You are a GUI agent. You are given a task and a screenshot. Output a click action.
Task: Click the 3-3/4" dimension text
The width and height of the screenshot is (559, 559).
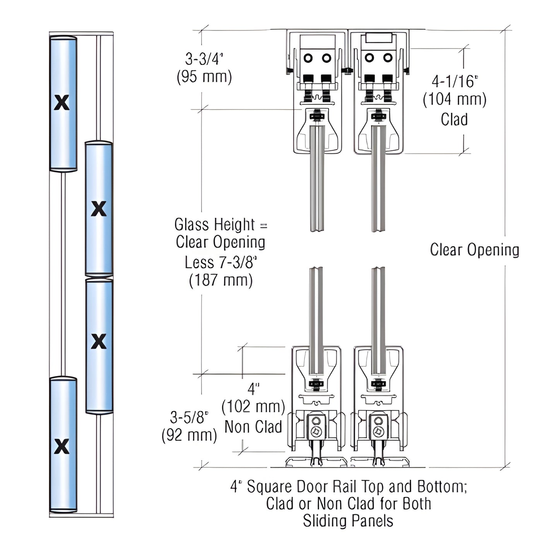204,59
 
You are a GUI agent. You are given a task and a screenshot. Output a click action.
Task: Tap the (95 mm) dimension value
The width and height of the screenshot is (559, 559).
204,77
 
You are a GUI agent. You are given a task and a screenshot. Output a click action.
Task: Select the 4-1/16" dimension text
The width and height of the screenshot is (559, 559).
455,81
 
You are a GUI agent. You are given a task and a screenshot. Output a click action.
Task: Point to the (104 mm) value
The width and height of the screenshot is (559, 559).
455,99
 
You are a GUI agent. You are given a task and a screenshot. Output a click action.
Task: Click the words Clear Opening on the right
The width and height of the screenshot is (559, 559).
474,250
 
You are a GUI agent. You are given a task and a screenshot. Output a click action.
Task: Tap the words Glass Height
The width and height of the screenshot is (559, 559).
214,224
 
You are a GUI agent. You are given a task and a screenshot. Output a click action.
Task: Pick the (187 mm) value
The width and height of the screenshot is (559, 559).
221,280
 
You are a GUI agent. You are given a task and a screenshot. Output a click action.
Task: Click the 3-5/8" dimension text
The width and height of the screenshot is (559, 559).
189,417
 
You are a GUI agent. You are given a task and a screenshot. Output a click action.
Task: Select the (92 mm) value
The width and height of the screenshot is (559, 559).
189,435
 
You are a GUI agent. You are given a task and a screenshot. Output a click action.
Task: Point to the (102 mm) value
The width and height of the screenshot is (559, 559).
253,407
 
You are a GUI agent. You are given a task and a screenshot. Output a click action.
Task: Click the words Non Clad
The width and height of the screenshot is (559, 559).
253,427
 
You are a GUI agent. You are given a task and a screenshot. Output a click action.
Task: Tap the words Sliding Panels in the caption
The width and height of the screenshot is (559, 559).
348,521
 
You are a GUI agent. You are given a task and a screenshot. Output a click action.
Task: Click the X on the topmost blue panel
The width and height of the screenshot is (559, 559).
62,103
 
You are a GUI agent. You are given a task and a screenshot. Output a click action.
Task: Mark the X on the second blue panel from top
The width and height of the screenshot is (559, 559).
99,209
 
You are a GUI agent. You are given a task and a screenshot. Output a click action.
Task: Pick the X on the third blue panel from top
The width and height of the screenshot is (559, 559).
99,341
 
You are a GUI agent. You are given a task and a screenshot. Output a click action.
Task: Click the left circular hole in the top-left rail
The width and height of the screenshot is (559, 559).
308,58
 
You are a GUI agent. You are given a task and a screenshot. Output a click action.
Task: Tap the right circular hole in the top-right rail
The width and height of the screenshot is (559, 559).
388,58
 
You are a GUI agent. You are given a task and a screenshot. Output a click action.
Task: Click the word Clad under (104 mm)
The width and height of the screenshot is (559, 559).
454,119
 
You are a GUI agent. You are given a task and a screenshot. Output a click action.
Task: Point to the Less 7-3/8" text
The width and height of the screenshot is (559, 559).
221,262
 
